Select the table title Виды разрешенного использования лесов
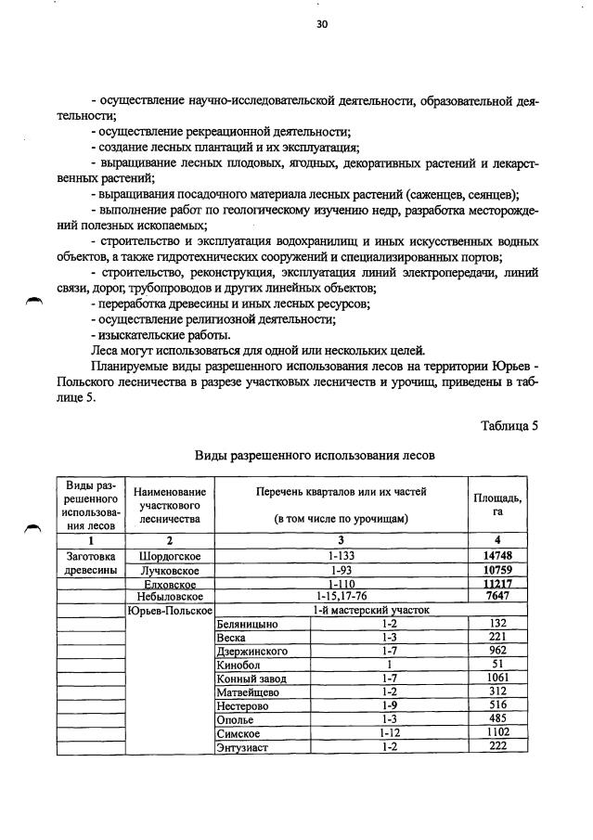point(314,456)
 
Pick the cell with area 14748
point(496,555)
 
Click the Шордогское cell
point(170,555)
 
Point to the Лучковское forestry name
point(170,569)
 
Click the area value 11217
point(496,583)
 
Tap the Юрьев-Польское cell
point(170,610)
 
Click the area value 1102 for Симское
point(496,733)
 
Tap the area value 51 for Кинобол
point(496,665)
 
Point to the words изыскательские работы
point(161,335)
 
